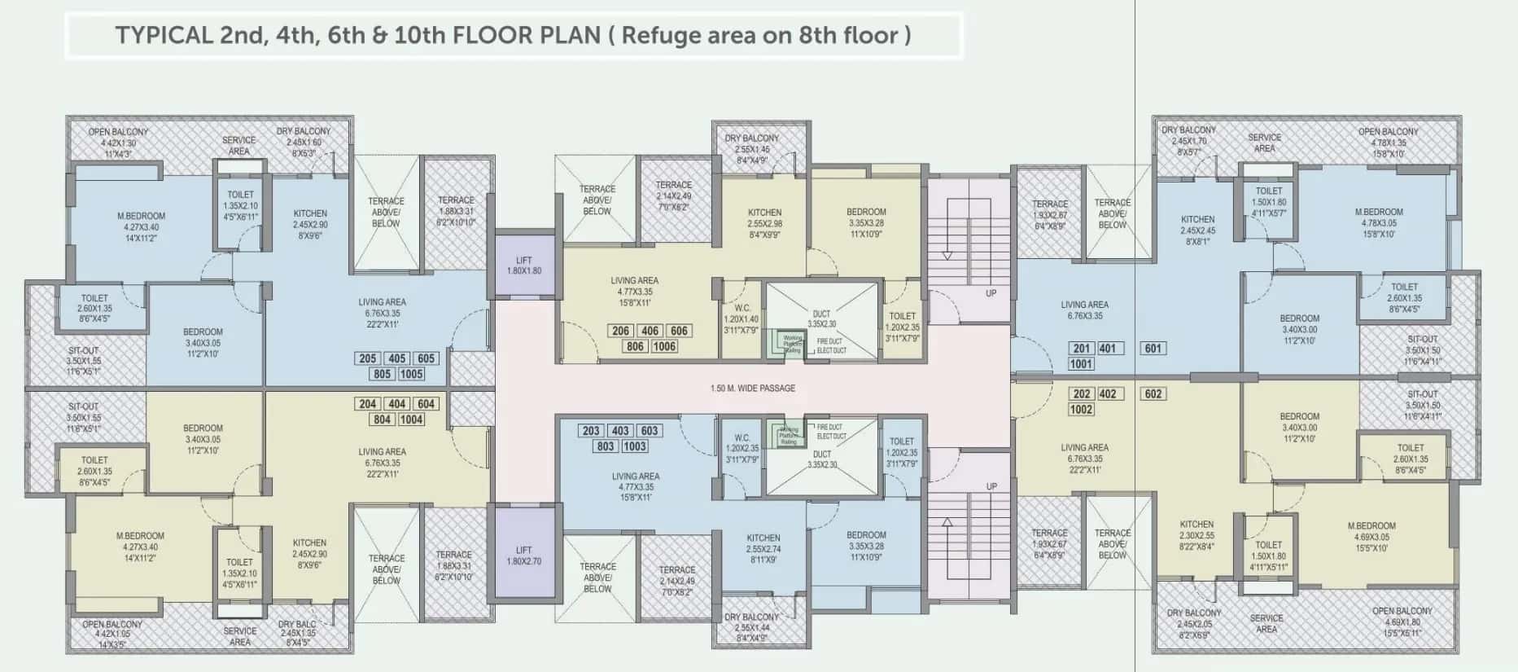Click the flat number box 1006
click(x=664, y=346)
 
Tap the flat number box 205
click(x=368, y=358)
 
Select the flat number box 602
click(x=1153, y=393)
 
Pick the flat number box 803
click(x=606, y=446)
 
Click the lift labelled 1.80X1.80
click(x=524, y=266)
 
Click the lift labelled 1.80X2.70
click(x=524, y=556)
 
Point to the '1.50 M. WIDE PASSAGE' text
click(x=752, y=389)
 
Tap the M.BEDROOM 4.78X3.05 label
click(x=1379, y=222)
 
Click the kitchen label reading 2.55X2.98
click(x=764, y=223)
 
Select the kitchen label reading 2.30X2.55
click(x=1196, y=535)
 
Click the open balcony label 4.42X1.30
click(x=118, y=143)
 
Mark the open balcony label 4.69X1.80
click(x=1402, y=621)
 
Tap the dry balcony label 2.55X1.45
click(x=752, y=149)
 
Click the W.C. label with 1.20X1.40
click(x=742, y=319)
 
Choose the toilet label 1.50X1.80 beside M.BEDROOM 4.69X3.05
click(x=1268, y=556)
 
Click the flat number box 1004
click(x=411, y=419)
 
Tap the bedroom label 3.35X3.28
click(x=866, y=222)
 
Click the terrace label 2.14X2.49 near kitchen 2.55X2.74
click(x=676, y=581)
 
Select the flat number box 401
click(x=1107, y=348)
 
